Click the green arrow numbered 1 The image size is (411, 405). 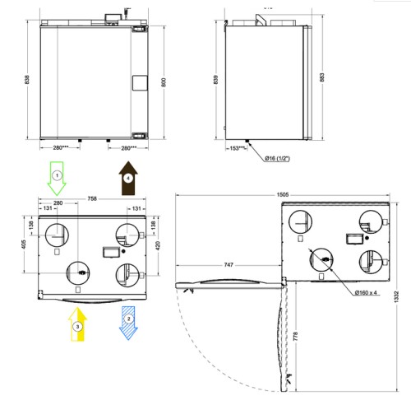pos(57,179)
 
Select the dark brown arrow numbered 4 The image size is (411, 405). pos(128,179)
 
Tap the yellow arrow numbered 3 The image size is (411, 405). pos(77,324)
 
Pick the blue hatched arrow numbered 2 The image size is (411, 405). pos(128,324)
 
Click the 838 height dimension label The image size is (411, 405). pos(27,80)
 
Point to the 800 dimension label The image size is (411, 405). pos(164,82)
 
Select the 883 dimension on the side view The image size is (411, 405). pos(322,77)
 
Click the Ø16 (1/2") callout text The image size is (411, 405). pos(277,158)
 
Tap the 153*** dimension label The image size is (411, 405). pos(238,148)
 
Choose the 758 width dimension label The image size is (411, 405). pos(92,198)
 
